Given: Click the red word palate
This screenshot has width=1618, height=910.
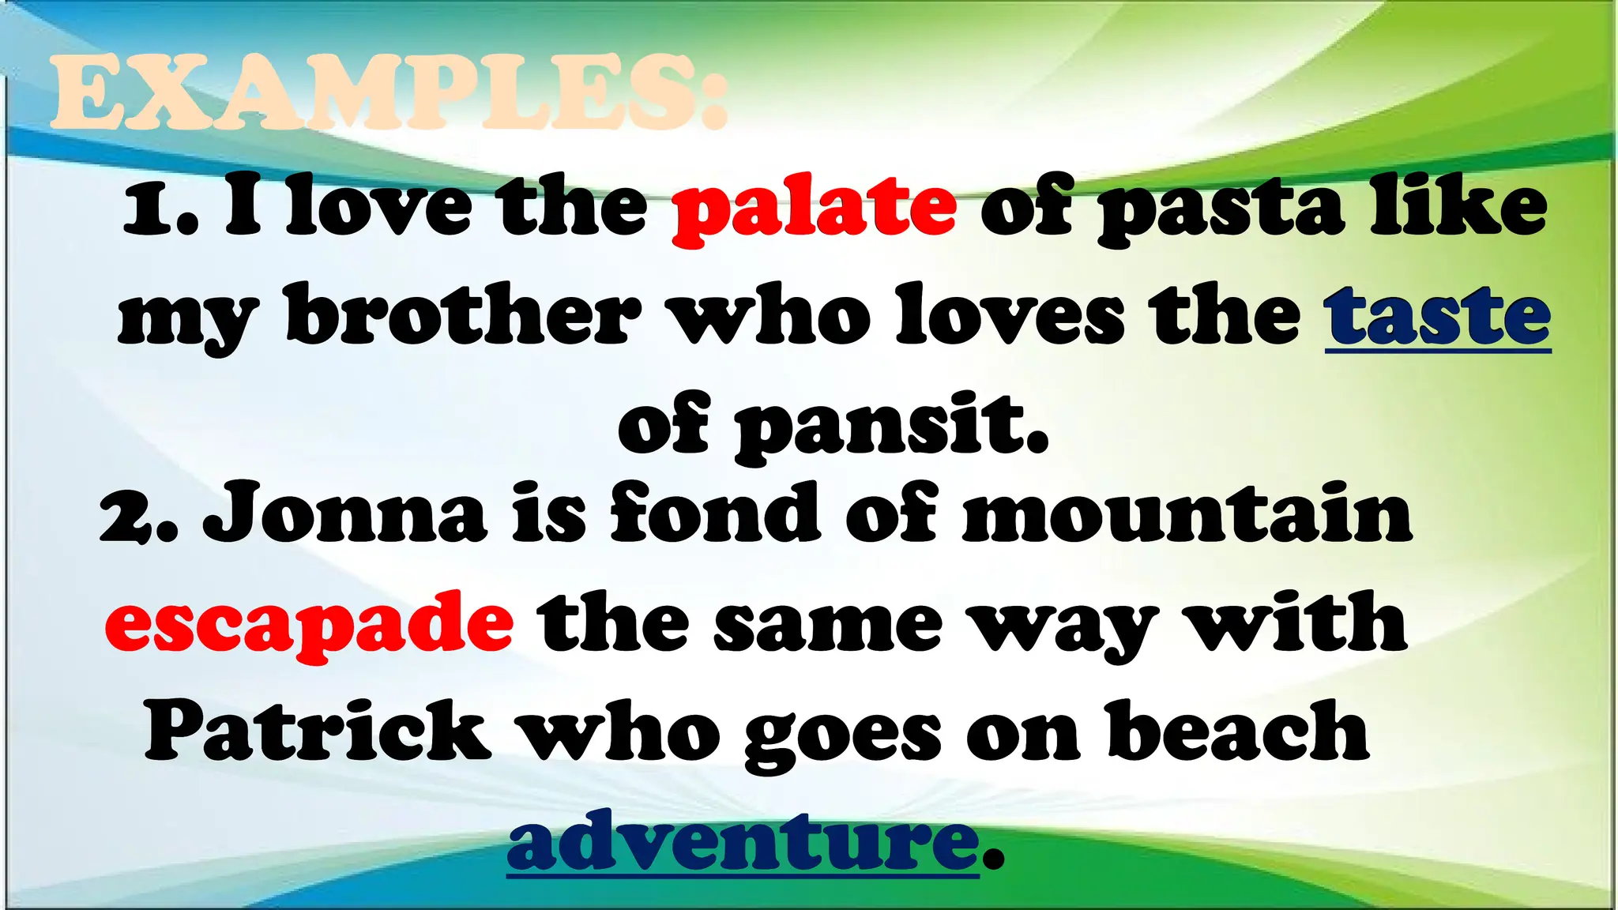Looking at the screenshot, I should (815, 209).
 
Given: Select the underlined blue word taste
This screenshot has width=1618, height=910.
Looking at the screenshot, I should (1438, 318).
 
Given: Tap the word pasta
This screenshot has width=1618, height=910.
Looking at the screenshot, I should (1221, 209).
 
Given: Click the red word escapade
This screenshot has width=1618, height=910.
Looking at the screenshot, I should (309, 625).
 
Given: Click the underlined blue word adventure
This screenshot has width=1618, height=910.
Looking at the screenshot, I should (743, 840).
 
